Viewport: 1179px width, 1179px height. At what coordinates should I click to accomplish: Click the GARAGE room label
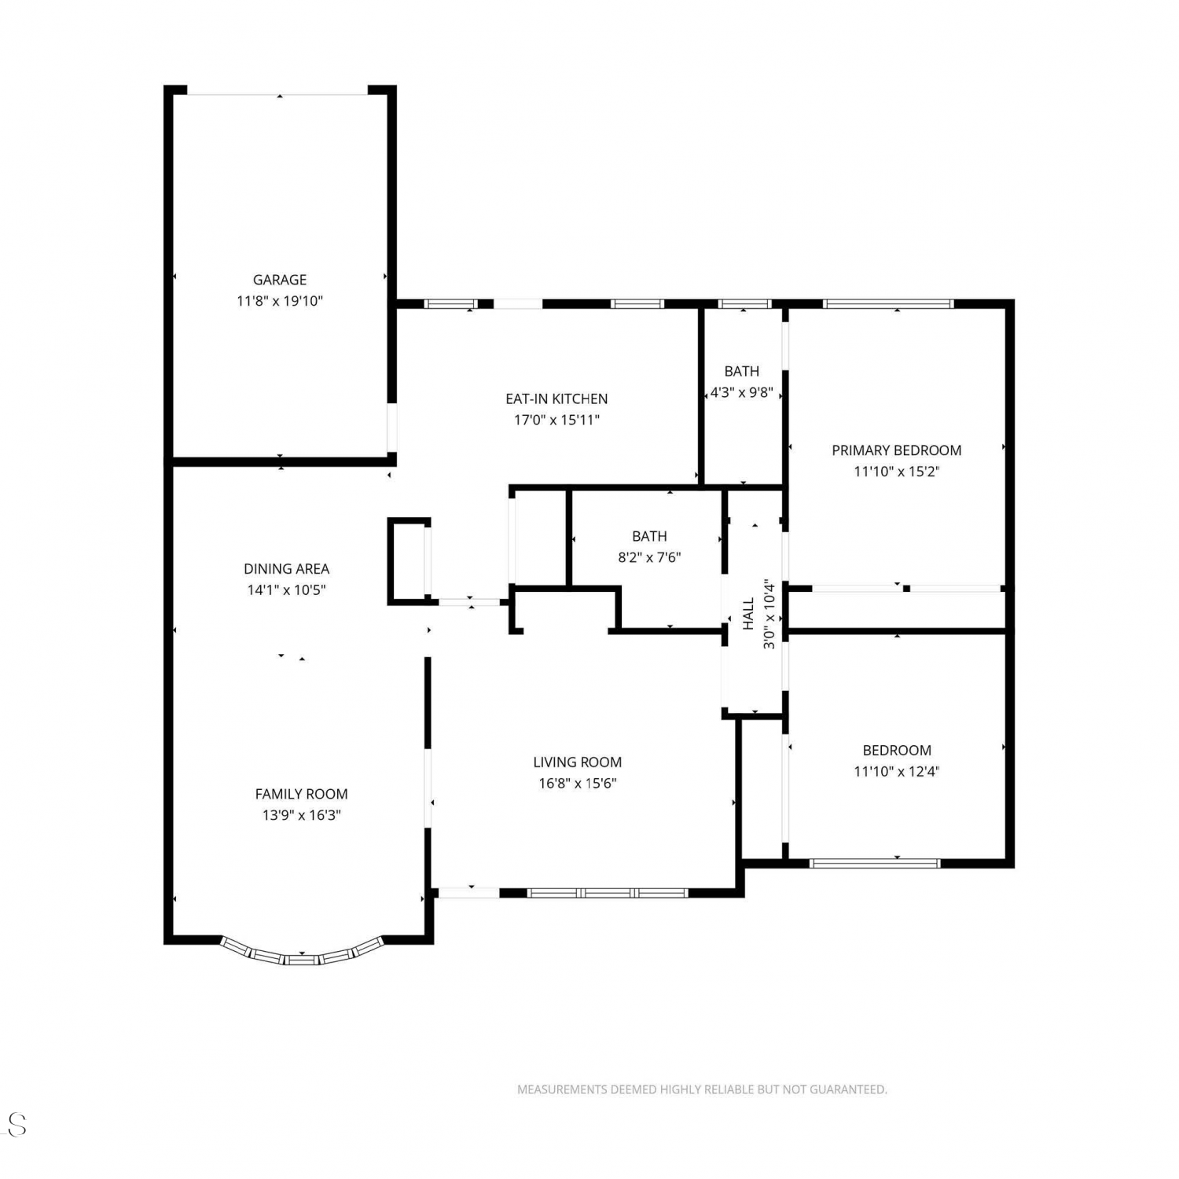click(280, 280)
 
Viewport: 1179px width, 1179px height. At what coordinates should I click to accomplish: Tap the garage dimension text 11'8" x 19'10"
click(280, 301)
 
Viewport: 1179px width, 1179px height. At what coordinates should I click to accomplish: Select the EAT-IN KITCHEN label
click(556, 399)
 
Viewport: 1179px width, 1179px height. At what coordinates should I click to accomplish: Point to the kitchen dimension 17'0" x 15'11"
click(556, 421)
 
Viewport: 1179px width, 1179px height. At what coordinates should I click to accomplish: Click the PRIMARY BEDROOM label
click(897, 450)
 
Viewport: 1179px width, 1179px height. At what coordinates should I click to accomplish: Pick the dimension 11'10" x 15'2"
click(897, 472)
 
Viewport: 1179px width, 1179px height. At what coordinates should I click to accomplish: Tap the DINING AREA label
click(286, 569)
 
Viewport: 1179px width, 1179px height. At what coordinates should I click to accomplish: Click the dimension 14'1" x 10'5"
click(286, 590)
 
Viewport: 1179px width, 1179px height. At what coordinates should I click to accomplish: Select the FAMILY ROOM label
click(301, 795)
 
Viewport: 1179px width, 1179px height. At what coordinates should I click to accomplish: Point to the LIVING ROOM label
click(578, 762)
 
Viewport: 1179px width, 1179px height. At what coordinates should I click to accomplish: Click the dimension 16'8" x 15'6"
click(578, 784)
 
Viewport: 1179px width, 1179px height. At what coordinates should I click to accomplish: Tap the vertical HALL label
click(748, 614)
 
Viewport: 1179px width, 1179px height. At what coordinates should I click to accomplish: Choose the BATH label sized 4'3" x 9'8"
click(742, 372)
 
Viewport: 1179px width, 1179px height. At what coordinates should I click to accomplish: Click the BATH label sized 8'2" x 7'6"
click(649, 537)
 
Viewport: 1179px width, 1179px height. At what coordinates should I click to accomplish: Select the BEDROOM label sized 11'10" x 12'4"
click(897, 751)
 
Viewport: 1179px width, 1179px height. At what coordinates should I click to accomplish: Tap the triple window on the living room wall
click(608, 893)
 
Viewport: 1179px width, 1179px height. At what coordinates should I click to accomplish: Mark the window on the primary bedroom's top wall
click(888, 304)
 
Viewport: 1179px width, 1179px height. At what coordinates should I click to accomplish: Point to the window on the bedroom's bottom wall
click(875, 863)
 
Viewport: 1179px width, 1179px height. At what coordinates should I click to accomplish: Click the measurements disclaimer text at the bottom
click(702, 1089)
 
